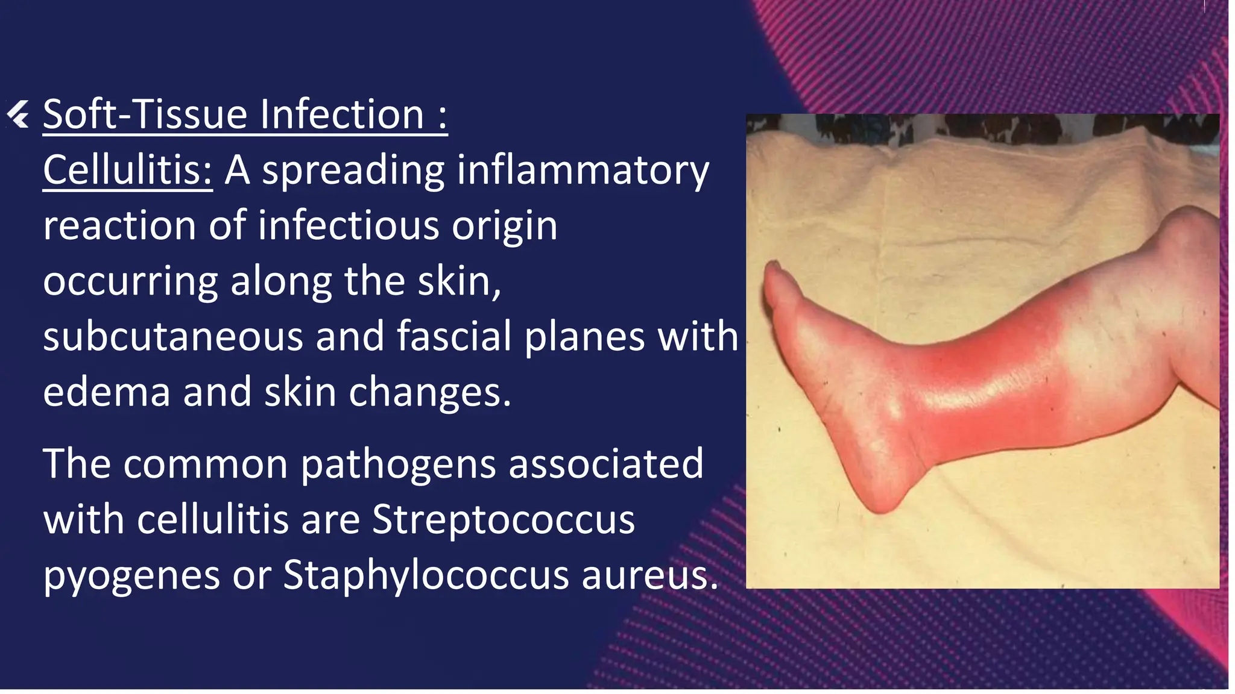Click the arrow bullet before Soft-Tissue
(x=18, y=114)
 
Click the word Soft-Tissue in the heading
(x=145, y=114)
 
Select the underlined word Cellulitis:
(x=127, y=170)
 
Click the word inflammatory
(x=583, y=171)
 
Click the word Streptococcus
(x=503, y=519)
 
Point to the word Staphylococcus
(x=426, y=575)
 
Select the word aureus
(x=648, y=576)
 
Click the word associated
(x=605, y=464)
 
